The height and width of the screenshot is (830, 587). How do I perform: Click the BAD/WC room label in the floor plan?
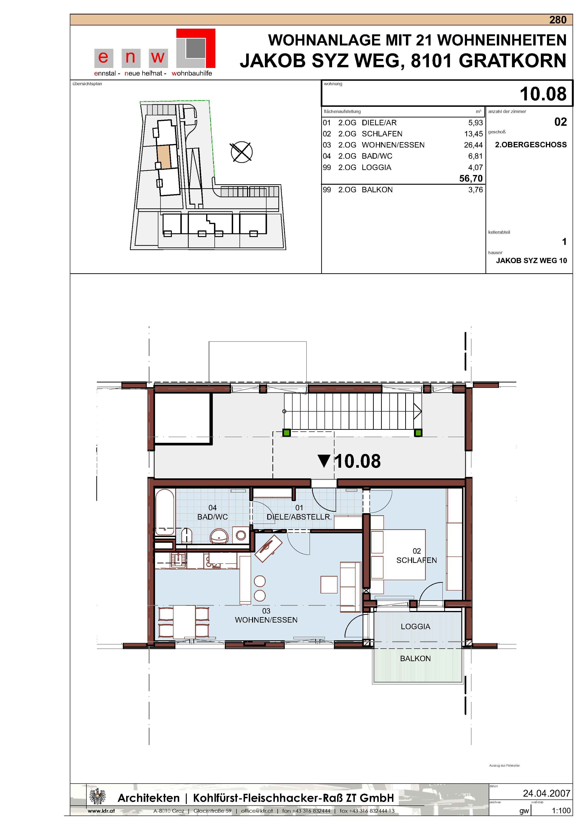(213, 517)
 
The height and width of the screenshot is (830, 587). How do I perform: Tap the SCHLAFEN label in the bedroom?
(416, 560)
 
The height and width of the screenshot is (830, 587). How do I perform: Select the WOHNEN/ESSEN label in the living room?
(266, 620)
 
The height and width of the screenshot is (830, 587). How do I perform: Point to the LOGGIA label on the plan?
(415, 626)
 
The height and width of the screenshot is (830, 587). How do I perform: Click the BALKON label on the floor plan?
(415, 659)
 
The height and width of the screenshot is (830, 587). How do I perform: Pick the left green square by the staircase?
(287, 433)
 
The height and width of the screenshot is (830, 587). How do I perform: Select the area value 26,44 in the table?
(473, 145)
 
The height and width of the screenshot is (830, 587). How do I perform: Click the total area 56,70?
(471, 178)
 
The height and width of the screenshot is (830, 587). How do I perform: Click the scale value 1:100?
(561, 811)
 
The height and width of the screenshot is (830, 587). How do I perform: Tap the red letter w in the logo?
(158, 57)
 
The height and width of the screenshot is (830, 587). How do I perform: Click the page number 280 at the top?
(558, 20)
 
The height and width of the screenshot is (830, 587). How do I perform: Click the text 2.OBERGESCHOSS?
(531, 145)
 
